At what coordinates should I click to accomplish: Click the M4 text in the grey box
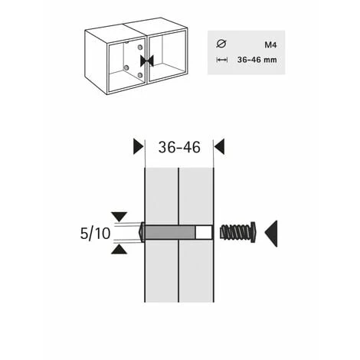click(x=270, y=45)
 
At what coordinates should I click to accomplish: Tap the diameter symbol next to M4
click(x=221, y=44)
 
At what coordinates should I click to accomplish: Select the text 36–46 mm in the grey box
click(x=257, y=60)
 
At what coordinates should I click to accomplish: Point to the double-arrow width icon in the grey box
click(x=222, y=60)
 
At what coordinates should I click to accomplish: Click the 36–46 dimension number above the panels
click(x=179, y=147)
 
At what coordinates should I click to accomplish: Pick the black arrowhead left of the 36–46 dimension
click(x=139, y=146)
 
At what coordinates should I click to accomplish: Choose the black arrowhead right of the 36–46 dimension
click(x=219, y=146)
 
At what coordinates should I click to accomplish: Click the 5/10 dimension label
click(x=95, y=234)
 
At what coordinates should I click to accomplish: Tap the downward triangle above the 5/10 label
click(x=119, y=217)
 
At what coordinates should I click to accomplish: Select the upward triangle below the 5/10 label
click(x=119, y=249)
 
